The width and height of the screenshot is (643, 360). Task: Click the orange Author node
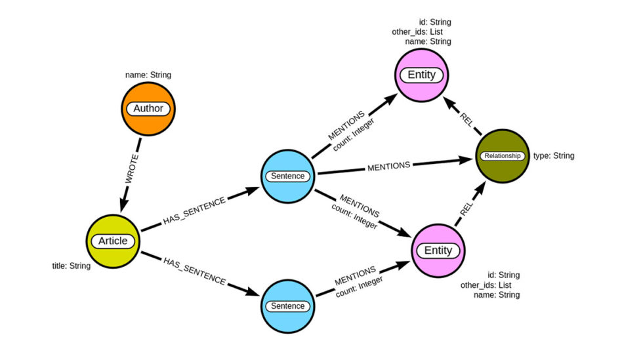point(148,109)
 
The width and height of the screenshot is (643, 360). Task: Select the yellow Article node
point(113,241)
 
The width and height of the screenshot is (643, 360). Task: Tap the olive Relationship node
point(502,156)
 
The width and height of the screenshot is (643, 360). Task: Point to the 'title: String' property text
point(72,266)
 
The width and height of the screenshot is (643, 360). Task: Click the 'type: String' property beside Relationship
point(554,156)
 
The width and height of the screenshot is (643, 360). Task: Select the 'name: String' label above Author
point(148,75)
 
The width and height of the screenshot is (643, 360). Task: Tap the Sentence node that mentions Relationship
point(288,176)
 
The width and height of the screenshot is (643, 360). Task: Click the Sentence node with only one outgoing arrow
point(288,306)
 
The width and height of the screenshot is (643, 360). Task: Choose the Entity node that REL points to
point(421,75)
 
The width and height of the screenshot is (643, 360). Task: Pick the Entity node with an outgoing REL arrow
point(438,250)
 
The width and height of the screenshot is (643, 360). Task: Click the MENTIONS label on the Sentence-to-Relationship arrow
point(388,165)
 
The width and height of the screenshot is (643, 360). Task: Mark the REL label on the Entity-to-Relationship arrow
point(465,209)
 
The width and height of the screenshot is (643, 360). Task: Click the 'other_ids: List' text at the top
point(426,31)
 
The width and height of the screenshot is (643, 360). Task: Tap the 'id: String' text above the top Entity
point(435,22)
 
